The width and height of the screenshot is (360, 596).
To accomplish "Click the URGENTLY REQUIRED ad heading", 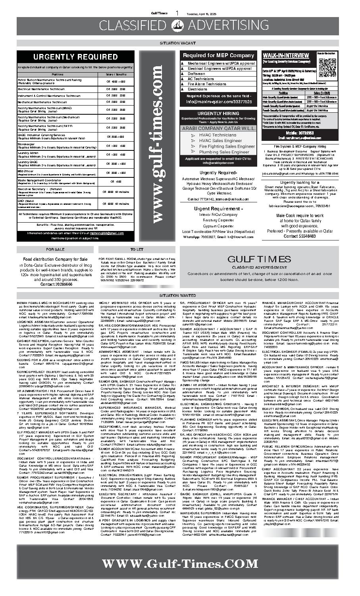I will point(75,57).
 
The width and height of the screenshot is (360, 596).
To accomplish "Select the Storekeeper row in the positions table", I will point(58,146).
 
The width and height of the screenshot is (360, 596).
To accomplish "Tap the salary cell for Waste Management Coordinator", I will point(118,181).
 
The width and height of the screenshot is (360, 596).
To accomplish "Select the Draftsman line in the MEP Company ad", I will point(196,74).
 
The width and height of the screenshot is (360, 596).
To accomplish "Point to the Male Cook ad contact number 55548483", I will point(300,236).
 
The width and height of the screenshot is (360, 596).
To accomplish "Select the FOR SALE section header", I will point(55,250).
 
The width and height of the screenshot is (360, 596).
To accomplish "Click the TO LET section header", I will point(137,250).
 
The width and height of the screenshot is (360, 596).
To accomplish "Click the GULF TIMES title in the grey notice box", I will point(259,260).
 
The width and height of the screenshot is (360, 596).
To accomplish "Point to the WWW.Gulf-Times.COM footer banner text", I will point(180,564).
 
